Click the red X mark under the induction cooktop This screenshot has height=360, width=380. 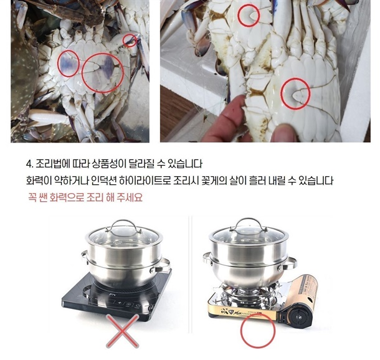point(122,331)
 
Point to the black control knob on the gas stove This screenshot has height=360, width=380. point(300,316)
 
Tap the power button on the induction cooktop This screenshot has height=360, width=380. point(138,306)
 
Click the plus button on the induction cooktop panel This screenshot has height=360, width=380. point(119,303)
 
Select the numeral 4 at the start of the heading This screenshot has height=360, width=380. point(29,164)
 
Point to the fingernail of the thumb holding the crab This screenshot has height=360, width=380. point(284,131)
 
